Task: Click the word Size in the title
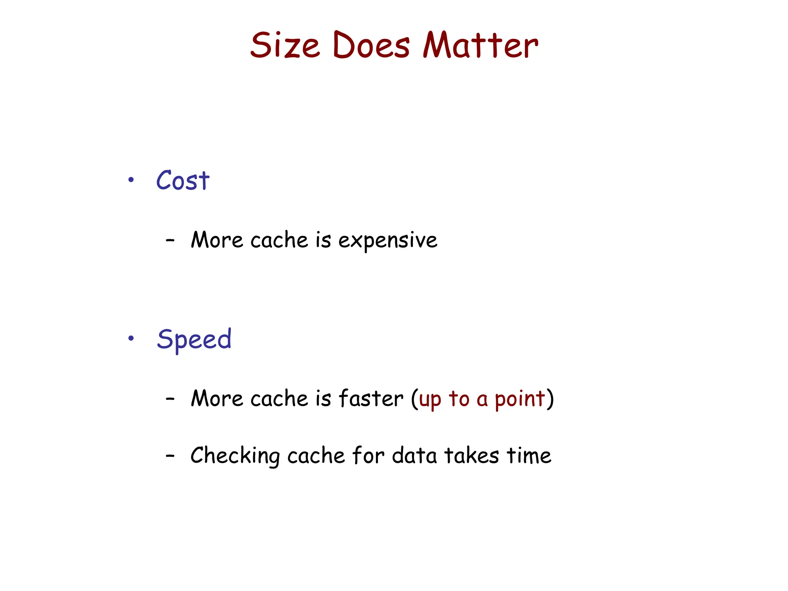click(x=285, y=45)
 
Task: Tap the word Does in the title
click(x=371, y=45)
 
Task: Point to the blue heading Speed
click(x=194, y=339)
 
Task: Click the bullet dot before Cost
click(x=131, y=180)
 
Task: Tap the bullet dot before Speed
click(x=131, y=338)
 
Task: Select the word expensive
click(x=387, y=241)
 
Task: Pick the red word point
click(x=520, y=399)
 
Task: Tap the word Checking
click(x=235, y=456)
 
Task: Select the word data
click(x=414, y=456)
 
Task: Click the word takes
click(x=472, y=456)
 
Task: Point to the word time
click(x=529, y=456)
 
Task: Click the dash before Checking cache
click(x=170, y=456)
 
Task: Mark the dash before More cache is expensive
click(x=170, y=240)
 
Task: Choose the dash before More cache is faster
click(x=170, y=399)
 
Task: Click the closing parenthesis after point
click(x=550, y=399)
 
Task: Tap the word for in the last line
click(x=368, y=456)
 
